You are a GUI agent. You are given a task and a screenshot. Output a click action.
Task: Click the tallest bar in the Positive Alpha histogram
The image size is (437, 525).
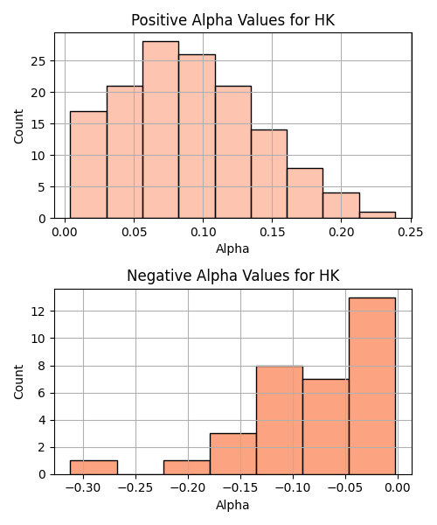161,129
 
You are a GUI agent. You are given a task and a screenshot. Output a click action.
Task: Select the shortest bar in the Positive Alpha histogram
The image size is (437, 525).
378,215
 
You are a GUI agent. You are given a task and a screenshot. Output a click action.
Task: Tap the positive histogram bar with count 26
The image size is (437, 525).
197,136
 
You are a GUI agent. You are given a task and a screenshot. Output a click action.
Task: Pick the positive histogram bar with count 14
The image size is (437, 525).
269,174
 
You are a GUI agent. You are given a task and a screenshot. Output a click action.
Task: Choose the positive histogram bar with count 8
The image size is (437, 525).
305,193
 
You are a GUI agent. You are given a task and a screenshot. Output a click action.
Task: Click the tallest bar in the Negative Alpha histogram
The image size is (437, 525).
372,386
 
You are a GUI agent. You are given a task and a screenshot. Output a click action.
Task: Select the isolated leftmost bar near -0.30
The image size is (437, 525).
94,467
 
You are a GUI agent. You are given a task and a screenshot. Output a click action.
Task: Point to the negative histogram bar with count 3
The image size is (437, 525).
233,454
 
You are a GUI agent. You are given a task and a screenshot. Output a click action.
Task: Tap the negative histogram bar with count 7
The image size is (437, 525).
326,427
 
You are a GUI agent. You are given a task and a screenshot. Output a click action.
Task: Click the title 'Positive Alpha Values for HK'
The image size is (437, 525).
232,20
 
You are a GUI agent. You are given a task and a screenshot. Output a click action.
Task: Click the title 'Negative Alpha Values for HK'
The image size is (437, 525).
233,276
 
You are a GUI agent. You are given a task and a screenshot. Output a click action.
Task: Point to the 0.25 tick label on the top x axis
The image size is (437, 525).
410,232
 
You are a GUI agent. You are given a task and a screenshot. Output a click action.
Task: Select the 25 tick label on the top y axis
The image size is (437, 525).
38,61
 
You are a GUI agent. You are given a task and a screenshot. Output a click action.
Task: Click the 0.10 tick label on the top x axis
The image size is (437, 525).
203,232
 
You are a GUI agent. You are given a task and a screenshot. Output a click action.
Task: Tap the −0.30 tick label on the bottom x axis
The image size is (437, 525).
83,488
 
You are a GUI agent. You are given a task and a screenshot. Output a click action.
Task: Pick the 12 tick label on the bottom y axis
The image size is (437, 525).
38,311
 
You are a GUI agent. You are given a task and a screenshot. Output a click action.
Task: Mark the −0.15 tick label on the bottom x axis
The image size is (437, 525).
240,488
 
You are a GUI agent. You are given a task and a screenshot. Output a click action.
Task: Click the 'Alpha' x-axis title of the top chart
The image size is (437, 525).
232,248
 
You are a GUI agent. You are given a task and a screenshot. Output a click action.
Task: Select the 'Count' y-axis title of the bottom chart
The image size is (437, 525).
18,381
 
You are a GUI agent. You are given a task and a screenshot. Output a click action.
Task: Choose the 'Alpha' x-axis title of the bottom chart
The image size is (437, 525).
232,505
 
